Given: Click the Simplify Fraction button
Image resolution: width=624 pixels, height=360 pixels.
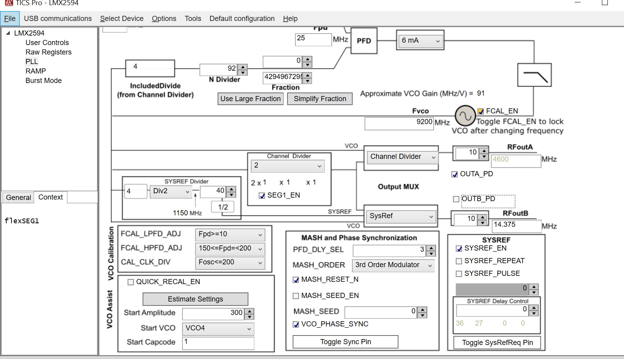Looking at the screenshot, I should point(320,99).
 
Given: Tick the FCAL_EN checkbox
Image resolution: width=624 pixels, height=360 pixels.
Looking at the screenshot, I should point(481,111).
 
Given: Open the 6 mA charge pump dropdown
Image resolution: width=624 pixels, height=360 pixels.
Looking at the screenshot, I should point(420,40).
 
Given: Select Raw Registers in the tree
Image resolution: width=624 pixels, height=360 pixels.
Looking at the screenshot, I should point(49,52).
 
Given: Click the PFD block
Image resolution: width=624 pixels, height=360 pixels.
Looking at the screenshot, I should point(364,41).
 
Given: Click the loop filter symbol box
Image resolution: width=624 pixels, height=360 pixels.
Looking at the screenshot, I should point(534,75).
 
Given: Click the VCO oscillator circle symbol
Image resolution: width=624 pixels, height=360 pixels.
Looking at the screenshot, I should point(465,116).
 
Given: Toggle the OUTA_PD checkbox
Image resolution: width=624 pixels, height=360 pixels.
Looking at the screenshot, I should point(455,174).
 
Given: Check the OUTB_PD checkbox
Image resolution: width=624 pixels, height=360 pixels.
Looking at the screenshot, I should point(456,199).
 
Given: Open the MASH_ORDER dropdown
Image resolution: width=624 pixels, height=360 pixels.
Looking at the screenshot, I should point(393,265).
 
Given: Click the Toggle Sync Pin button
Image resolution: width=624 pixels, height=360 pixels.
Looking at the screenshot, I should point(345,342).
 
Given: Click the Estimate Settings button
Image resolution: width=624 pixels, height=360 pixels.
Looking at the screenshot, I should point(195,299).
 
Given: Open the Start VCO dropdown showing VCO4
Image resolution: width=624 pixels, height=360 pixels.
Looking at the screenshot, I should point(218,328).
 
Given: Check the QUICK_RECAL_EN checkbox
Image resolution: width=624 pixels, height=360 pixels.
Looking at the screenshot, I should point(131,282).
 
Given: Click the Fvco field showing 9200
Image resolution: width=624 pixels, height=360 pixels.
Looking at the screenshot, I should point(399,123).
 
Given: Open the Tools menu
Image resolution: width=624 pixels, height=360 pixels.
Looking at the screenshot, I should point(193,19).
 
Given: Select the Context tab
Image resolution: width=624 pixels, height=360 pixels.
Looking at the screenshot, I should point(51,197).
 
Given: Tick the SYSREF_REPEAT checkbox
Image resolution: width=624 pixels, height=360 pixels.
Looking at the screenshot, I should point(459,261).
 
